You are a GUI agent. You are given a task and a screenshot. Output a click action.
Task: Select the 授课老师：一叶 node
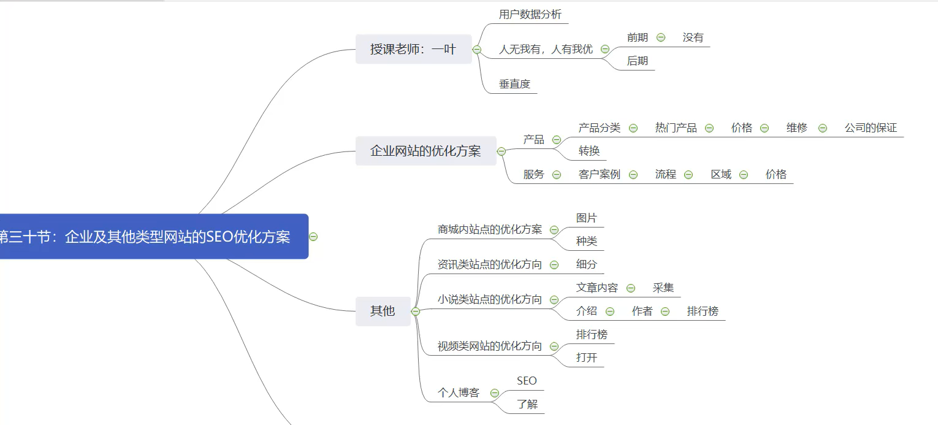(413, 50)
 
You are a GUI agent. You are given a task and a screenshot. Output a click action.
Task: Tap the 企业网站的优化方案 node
(425, 151)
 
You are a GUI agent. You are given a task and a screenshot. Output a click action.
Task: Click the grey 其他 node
(383, 311)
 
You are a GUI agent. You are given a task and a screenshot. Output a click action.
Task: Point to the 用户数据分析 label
(530, 15)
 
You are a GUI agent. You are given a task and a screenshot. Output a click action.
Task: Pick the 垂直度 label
(514, 84)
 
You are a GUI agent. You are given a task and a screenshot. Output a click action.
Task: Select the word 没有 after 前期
(693, 37)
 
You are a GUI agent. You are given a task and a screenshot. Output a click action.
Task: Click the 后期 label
(638, 61)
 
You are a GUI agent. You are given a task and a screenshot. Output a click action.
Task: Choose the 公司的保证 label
(871, 128)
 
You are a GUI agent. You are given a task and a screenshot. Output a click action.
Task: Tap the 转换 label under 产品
(589, 151)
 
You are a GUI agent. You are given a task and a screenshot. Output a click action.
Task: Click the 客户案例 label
(600, 174)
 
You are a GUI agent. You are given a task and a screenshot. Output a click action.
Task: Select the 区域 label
(721, 174)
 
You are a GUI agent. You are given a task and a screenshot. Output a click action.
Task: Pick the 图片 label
(587, 218)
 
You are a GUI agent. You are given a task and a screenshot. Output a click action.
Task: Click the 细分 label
(587, 264)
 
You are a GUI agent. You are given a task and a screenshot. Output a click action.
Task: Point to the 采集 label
(663, 288)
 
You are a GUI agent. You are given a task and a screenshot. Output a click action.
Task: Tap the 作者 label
(642, 311)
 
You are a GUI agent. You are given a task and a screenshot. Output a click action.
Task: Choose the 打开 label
(587, 358)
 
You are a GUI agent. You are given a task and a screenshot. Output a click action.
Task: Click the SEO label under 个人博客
(527, 381)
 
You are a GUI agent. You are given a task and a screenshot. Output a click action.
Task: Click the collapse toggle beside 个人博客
(495, 393)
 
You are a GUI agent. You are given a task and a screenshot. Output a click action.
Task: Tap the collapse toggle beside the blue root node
(313, 237)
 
